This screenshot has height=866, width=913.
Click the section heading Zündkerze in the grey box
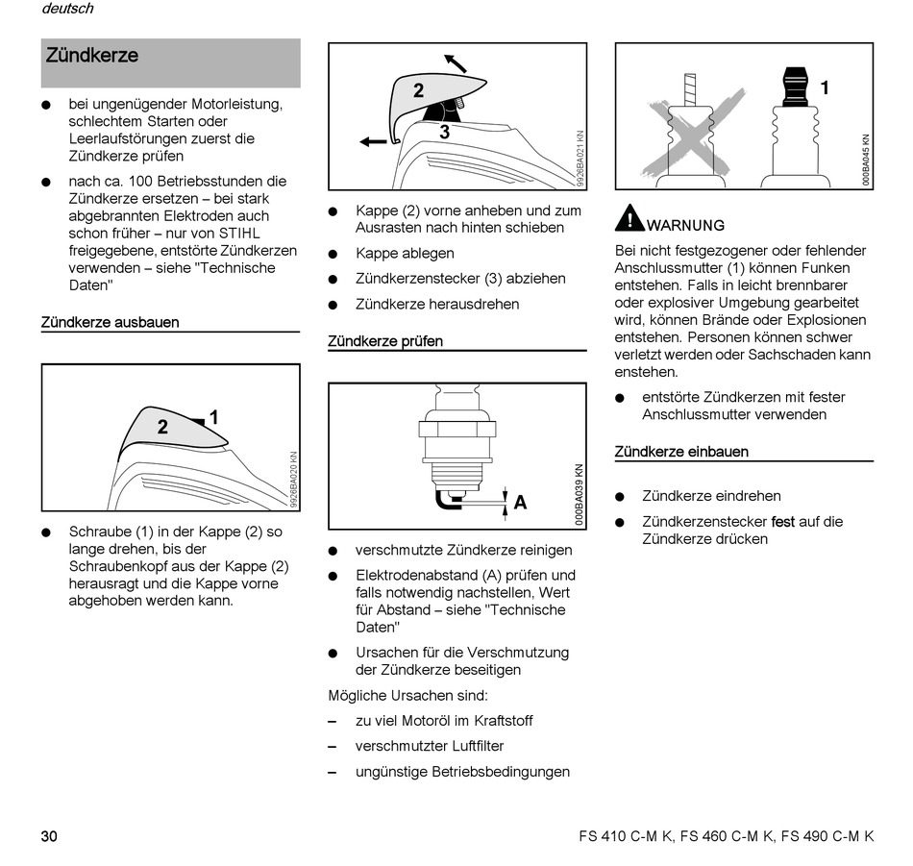coord(92,56)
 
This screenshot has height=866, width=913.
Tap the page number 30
coord(49,836)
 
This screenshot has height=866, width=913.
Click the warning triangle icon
coord(629,218)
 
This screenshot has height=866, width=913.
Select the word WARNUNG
coord(686,226)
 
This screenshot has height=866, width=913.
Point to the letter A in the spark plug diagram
coord(520,502)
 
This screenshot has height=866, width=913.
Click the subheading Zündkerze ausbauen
coord(110,322)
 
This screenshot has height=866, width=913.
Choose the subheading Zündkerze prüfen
coord(385,341)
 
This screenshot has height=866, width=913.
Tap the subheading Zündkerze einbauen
coord(681,452)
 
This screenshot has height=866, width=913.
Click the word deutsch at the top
coord(67,9)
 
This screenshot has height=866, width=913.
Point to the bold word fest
coord(783,522)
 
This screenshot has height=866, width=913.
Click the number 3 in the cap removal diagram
coord(444,133)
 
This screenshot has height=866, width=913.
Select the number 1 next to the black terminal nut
coord(824,88)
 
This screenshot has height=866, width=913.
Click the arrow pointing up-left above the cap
coord(455,63)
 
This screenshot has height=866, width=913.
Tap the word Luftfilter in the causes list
coord(472,746)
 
